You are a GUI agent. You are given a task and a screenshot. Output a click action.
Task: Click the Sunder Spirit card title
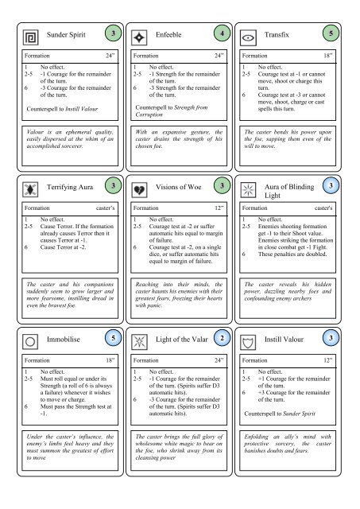tap(66, 37)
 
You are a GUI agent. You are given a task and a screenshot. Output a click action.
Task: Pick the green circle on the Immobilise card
tap(116, 337)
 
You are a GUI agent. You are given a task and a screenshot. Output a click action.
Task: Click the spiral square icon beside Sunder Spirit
tap(32, 37)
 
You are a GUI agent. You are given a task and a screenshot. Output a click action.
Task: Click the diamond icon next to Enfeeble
tap(141, 37)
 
